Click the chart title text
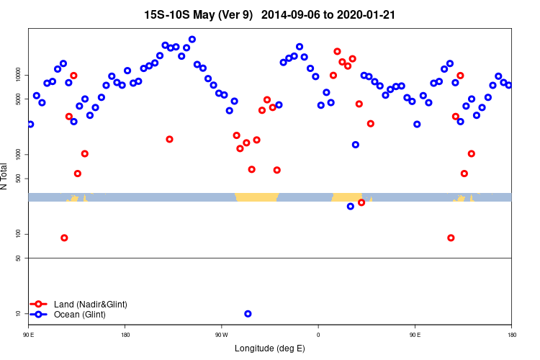point(269,14)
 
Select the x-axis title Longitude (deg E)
point(269,348)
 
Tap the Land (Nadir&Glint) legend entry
point(90,305)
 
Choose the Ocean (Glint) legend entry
point(79,315)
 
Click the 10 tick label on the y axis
point(22,313)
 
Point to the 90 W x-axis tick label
point(221,334)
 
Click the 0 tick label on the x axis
point(318,334)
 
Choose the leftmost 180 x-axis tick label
point(125,334)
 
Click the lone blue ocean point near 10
point(248,314)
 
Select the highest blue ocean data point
point(192,40)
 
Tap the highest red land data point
point(338,51)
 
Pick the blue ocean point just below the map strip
point(351,207)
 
